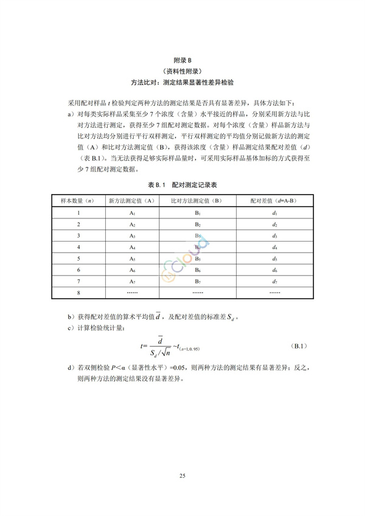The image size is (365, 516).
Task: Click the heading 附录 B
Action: (x=182, y=60)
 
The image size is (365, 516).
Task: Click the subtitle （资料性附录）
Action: (x=182, y=70)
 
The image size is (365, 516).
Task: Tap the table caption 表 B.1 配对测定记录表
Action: (x=182, y=184)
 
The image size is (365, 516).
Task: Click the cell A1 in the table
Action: (x=132, y=213)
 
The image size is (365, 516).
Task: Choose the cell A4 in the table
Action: (x=132, y=247)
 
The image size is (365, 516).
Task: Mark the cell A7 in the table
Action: (x=132, y=281)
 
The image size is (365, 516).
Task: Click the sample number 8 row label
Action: (x=79, y=293)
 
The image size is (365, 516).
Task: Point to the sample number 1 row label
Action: (x=79, y=213)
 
